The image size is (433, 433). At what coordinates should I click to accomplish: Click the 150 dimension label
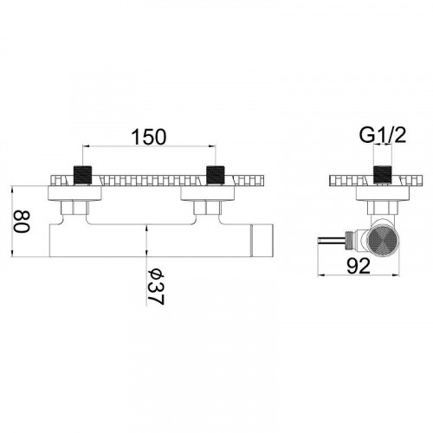coord(149,137)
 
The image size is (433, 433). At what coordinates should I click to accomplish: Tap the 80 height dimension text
coord(22,222)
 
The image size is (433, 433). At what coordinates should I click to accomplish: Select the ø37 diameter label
coord(156,287)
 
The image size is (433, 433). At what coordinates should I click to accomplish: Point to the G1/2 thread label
coord(383,135)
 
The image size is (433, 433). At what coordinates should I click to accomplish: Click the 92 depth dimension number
coord(358,266)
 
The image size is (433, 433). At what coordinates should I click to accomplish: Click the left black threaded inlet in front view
coord(83,175)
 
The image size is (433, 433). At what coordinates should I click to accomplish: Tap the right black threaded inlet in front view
coord(216,175)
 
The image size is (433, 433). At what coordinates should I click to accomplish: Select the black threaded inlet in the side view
coord(383,175)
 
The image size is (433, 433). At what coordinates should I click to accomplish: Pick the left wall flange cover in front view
coord(74,193)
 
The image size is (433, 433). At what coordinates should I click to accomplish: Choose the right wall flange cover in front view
coord(207,193)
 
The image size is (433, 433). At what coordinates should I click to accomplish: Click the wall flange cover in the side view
coord(383,193)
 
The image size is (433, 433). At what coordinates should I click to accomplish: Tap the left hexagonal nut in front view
coord(75,208)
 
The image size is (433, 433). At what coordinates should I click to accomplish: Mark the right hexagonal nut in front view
coord(208,208)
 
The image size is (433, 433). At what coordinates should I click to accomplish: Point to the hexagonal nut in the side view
coord(383,208)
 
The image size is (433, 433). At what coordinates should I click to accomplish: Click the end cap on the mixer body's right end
coord(262,240)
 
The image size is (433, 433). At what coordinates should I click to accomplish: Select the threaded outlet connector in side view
coord(352,239)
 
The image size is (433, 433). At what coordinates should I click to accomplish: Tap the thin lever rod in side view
coord(332,240)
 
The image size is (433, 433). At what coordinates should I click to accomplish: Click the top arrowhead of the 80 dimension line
coord(12,190)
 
